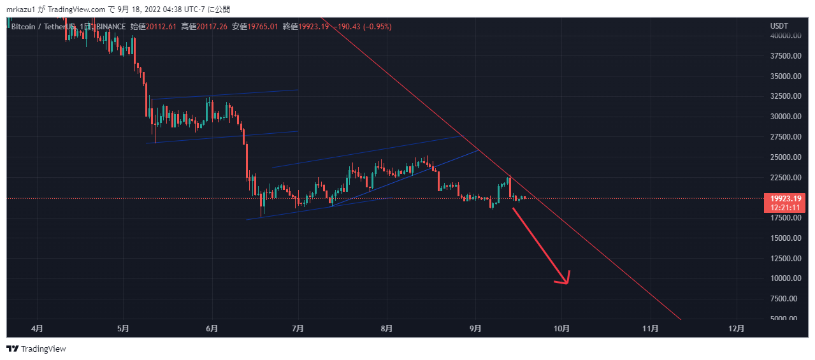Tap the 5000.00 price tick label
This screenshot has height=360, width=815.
click(785, 319)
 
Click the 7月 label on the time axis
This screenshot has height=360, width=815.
click(298, 329)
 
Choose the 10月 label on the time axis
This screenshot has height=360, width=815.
click(561, 329)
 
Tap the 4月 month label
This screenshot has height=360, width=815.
click(37, 329)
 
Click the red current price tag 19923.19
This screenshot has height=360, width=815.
click(784, 199)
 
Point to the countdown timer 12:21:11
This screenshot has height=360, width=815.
click(784, 207)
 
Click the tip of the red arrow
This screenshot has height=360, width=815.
click(566, 284)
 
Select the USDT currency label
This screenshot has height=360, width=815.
click(779, 26)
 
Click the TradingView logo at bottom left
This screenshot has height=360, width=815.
click(36, 349)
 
